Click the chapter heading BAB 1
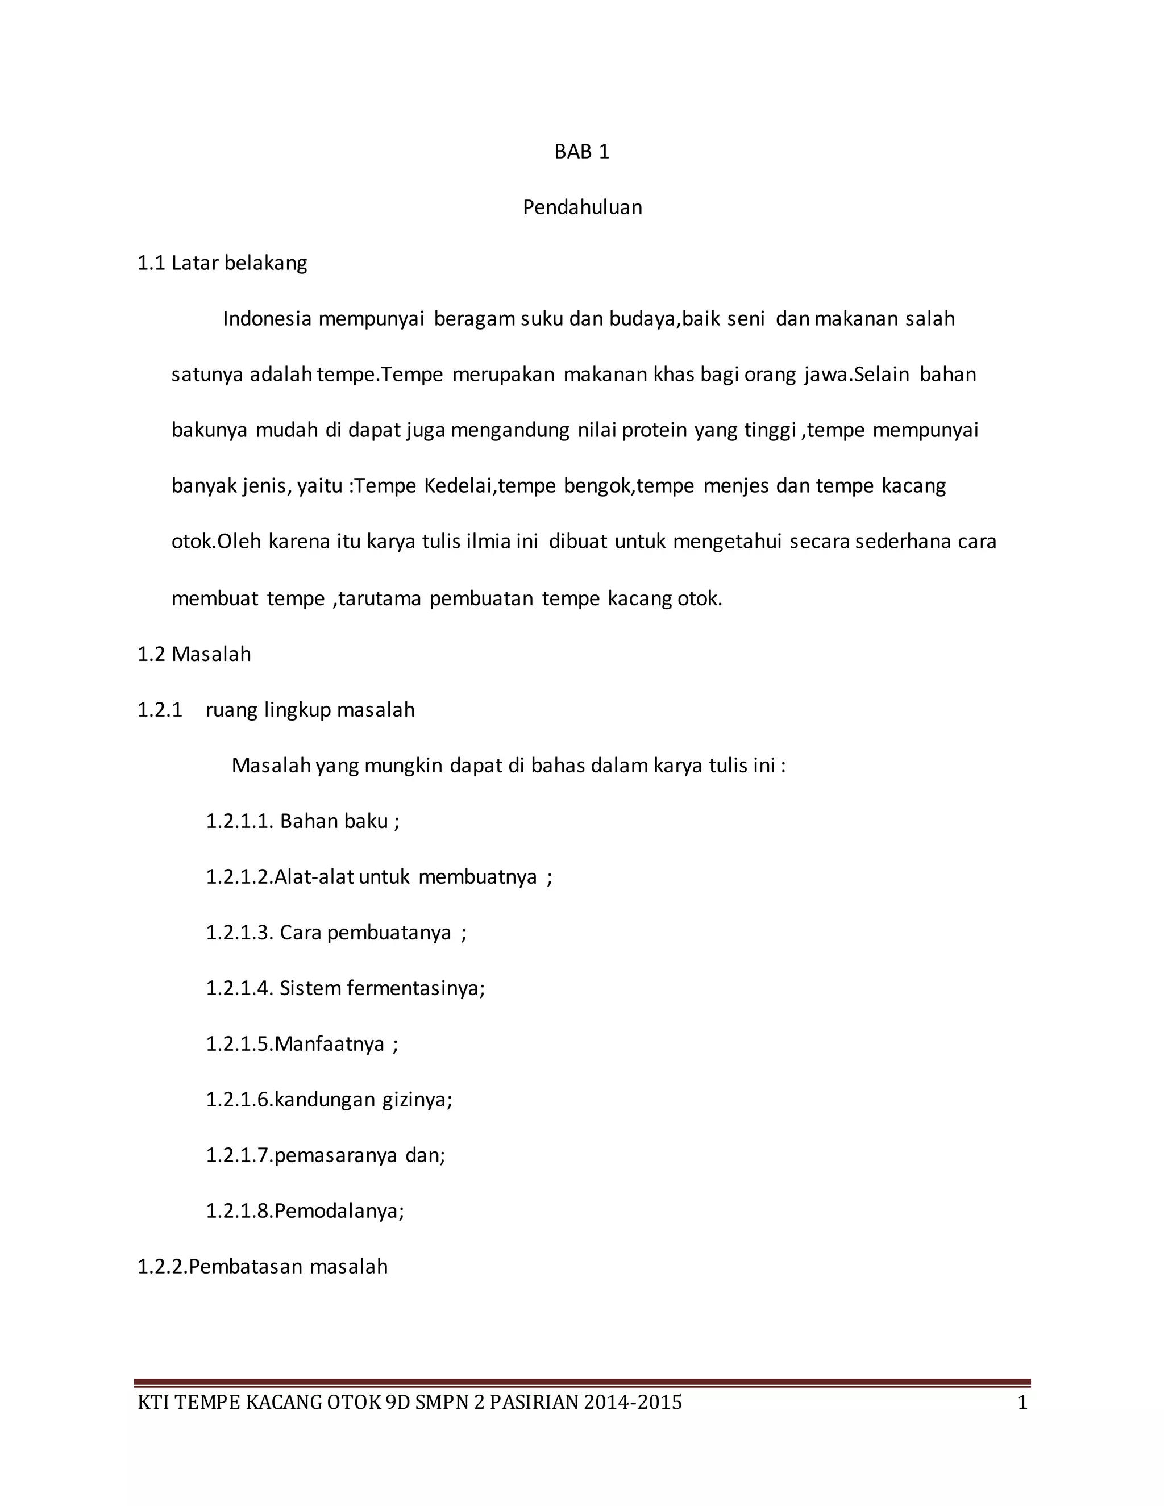(x=581, y=152)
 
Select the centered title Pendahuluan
(x=582, y=207)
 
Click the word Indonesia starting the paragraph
(x=267, y=319)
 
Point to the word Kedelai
(x=459, y=486)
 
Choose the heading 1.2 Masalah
(x=194, y=654)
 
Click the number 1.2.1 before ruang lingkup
(x=160, y=710)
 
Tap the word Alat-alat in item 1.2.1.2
(x=314, y=877)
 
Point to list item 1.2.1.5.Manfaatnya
(x=301, y=1045)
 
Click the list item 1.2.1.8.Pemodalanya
(x=304, y=1212)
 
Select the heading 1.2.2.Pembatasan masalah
(x=262, y=1267)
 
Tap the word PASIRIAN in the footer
(x=533, y=1403)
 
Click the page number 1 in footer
(x=1022, y=1403)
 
